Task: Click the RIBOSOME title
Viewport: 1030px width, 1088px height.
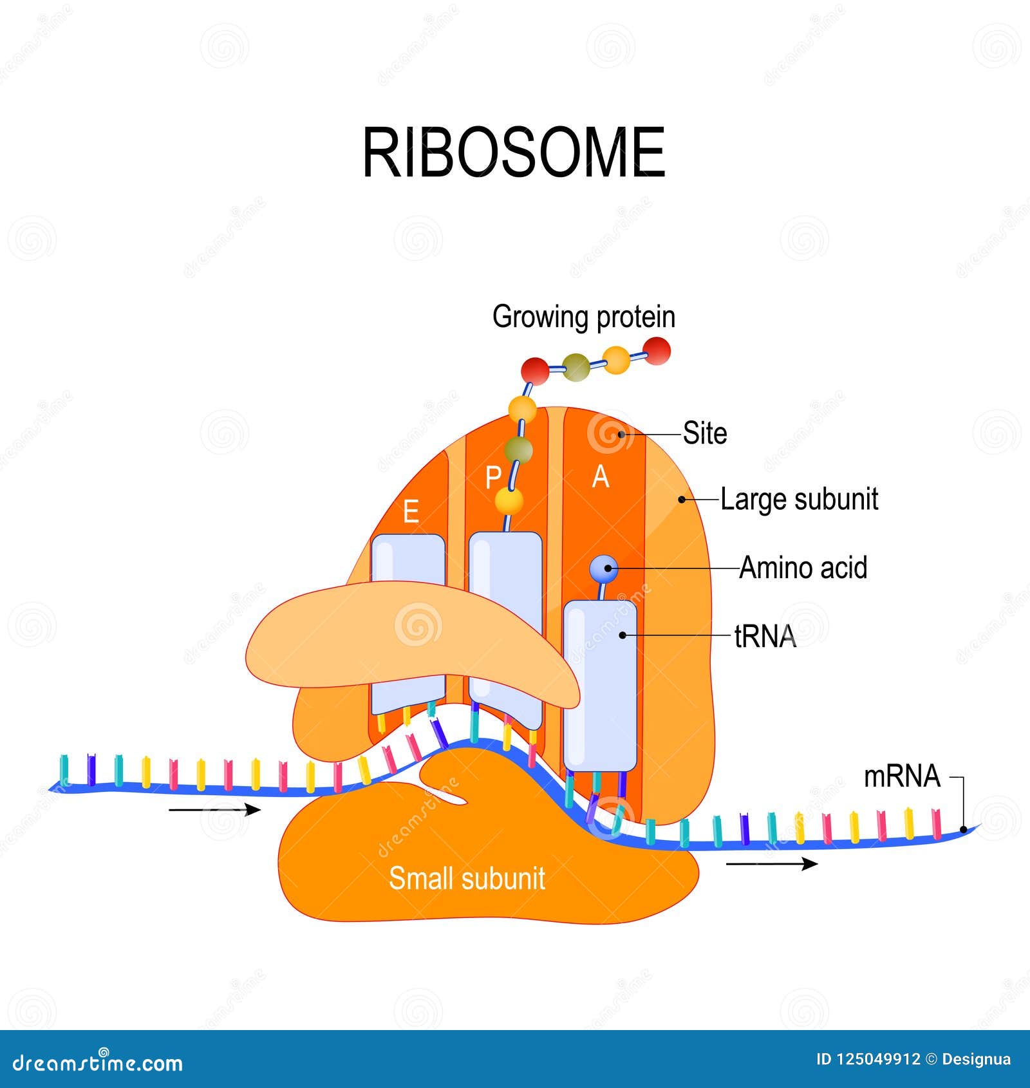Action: pyautogui.click(x=514, y=153)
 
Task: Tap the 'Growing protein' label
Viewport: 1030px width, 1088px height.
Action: pyautogui.click(x=583, y=317)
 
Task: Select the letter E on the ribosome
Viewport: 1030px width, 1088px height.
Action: pyautogui.click(x=411, y=512)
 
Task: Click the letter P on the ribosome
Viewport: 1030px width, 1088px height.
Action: pyautogui.click(x=493, y=478)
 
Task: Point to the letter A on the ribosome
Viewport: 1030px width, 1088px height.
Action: pyautogui.click(x=600, y=477)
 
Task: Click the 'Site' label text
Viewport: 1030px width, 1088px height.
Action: pyautogui.click(x=705, y=433)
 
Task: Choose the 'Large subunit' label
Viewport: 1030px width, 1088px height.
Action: pyautogui.click(x=799, y=500)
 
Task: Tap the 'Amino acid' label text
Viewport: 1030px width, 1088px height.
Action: pyautogui.click(x=803, y=568)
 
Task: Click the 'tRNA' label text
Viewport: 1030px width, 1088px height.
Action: pyautogui.click(x=765, y=637)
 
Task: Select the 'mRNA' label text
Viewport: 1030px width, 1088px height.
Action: pyautogui.click(x=902, y=776)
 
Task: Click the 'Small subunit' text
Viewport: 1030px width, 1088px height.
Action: pyautogui.click(x=467, y=878)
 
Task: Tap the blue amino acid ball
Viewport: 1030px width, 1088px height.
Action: pyautogui.click(x=604, y=568)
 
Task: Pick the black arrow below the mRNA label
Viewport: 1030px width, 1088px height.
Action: pyautogui.click(x=772, y=863)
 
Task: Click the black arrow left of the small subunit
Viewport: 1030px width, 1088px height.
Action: pyautogui.click(x=214, y=810)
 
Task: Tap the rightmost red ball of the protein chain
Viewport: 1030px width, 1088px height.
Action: pyautogui.click(x=657, y=352)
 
